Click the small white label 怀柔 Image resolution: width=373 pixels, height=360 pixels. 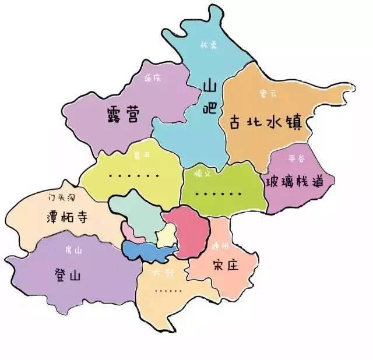[x=208, y=43]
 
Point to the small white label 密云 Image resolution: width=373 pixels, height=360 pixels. [x=267, y=93]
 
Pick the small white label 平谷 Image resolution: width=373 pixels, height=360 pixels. [x=296, y=158]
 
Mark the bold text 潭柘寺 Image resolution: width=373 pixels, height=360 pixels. [x=66, y=217]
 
